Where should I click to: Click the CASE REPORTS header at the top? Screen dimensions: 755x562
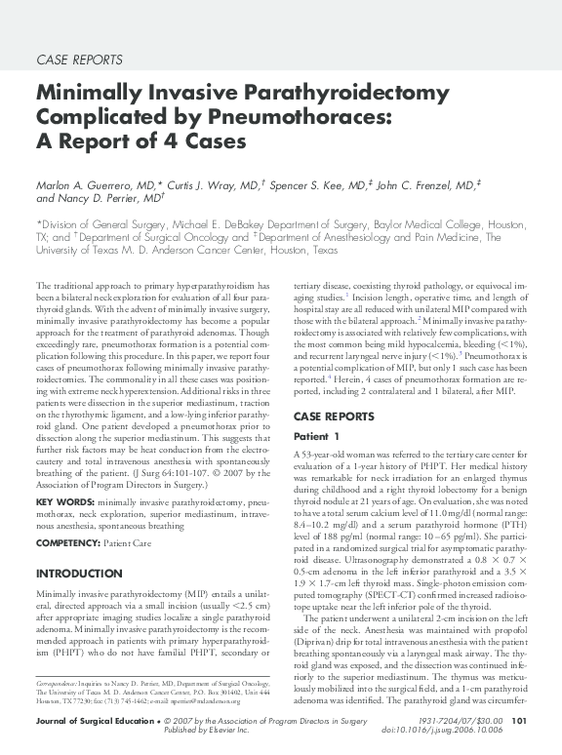(79, 60)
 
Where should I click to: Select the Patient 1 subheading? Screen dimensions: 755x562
(317, 436)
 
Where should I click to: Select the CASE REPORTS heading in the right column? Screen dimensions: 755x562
(334, 417)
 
